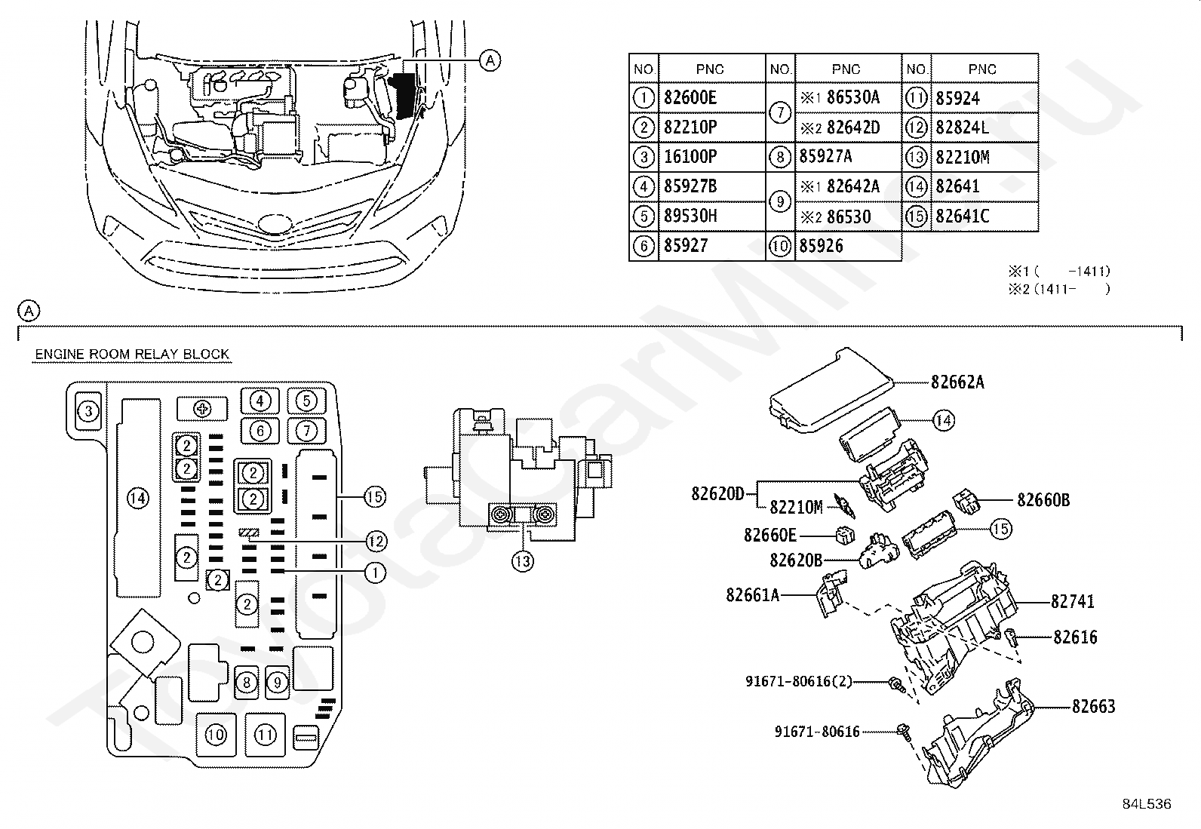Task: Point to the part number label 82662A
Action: (x=957, y=382)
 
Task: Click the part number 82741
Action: (x=1072, y=602)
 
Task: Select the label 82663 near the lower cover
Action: (x=1094, y=706)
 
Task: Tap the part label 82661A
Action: (x=753, y=594)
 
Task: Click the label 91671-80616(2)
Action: (x=799, y=681)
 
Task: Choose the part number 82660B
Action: (x=1043, y=500)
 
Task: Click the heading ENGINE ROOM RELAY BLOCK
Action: (x=132, y=354)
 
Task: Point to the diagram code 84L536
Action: (x=1147, y=804)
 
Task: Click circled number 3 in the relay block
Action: (x=88, y=411)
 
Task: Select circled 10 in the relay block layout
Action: (x=216, y=735)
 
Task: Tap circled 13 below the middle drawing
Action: (x=523, y=561)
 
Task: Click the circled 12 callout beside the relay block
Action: (x=376, y=541)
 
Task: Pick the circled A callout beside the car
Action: (x=490, y=60)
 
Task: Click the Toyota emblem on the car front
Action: (x=275, y=223)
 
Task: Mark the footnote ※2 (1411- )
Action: (x=1059, y=290)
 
